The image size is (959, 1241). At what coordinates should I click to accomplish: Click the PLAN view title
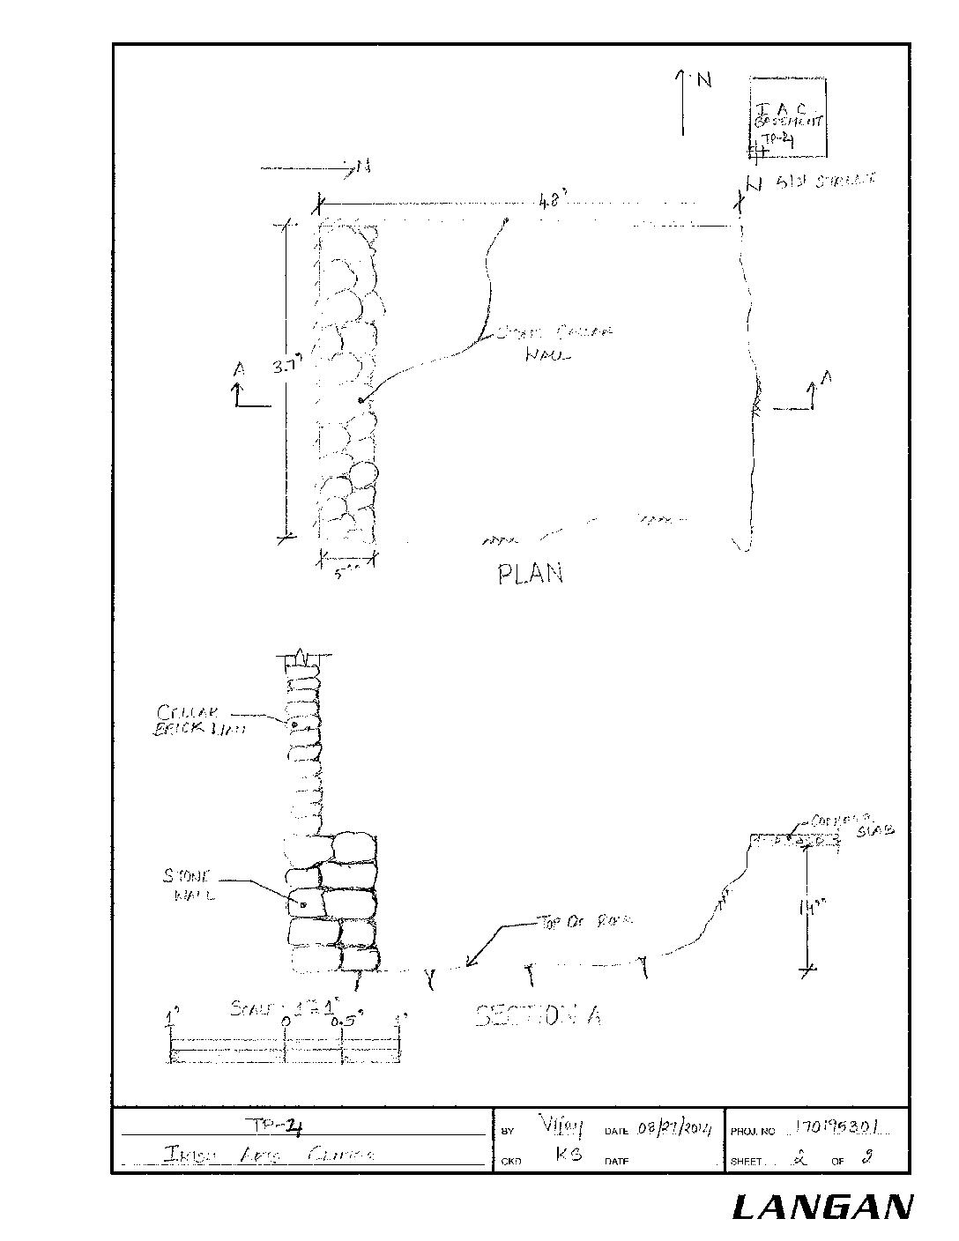click(x=530, y=574)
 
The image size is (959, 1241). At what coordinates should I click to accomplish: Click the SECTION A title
click(x=539, y=1016)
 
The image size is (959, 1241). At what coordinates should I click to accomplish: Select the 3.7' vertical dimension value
click(x=286, y=369)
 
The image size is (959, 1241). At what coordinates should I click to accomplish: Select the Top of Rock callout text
click(x=582, y=922)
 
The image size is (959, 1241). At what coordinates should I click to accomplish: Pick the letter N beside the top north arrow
click(x=704, y=81)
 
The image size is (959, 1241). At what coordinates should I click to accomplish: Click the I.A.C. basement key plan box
click(x=788, y=118)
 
